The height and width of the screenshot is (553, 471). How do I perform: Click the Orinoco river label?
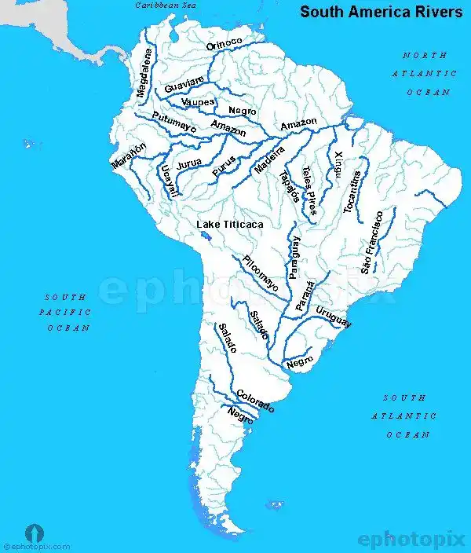point(225,45)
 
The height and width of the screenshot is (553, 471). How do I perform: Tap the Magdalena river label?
point(143,74)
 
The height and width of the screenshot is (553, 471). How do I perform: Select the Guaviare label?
point(184,84)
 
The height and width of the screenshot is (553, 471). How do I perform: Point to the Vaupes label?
point(198,102)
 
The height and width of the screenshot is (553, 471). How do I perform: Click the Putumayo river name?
point(174,123)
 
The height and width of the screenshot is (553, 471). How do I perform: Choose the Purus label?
point(224,165)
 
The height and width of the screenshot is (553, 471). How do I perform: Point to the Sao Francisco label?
point(372,241)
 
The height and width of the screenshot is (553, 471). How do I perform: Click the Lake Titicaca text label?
point(229,225)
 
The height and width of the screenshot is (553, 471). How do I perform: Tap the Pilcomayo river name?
point(260,273)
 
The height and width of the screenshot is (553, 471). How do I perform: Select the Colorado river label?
point(255,401)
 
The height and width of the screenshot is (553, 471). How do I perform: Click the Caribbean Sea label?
point(166,5)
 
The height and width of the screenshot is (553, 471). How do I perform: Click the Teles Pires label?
point(309,191)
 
